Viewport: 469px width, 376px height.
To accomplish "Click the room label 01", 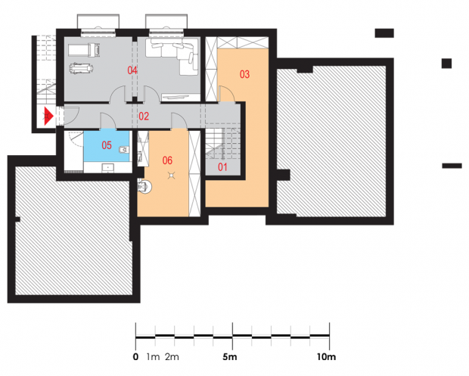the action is point(222,167).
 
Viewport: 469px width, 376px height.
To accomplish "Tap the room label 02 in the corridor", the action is point(144,116).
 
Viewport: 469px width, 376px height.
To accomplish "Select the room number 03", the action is point(244,74).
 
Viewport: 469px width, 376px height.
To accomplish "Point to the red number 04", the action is point(132,70).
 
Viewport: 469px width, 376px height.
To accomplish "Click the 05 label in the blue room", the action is point(107,145).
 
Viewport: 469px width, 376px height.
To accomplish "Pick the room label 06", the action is point(167,160).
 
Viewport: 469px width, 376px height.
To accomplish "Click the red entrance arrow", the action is point(48,116).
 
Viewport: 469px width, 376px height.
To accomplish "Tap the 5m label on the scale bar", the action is point(230,357).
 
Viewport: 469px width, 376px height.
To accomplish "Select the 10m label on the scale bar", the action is point(327,357).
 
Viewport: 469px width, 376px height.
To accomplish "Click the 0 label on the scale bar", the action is point(136,357).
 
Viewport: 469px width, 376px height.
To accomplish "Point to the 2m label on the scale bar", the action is point(172,357).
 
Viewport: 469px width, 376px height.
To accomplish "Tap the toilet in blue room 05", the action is point(123,150).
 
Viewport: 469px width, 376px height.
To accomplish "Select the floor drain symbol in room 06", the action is point(171,175).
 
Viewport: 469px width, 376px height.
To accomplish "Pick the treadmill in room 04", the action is point(84,50).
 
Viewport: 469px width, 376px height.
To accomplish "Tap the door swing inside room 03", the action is point(227,94).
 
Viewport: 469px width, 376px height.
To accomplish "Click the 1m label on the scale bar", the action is point(153,357).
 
